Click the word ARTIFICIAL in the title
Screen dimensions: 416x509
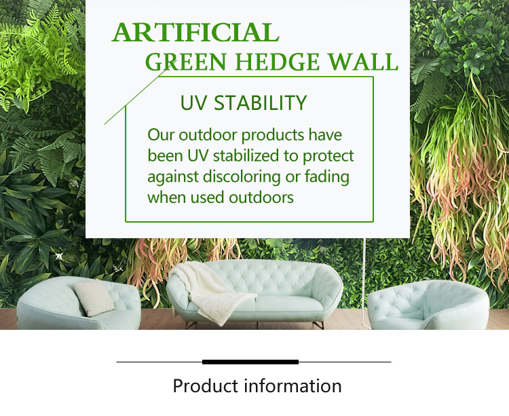(195, 33)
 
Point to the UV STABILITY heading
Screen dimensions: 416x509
(244, 103)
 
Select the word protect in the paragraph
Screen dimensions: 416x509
(328, 156)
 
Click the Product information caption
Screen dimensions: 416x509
(257, 386)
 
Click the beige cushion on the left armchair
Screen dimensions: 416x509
(94, 297)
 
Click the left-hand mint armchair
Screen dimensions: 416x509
(75, 305)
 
